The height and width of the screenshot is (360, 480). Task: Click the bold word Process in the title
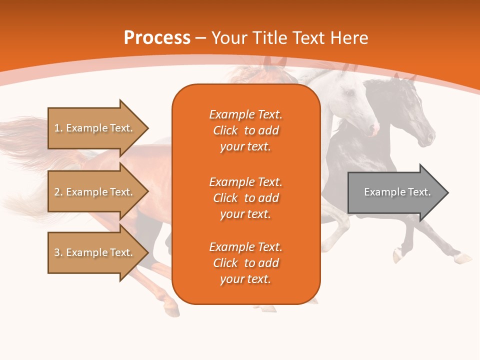[x=157, y=37]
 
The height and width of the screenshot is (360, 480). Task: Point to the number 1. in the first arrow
[x=58, y=128]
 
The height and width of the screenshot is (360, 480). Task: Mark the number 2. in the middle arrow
[x=58, y=192]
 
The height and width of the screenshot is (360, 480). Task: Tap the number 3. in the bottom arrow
[x=58, y=252]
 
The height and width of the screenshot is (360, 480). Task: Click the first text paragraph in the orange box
[x=245, y=130]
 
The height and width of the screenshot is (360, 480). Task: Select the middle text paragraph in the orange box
[x=245, y=198]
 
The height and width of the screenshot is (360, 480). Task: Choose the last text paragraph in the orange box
[x=245, y=263]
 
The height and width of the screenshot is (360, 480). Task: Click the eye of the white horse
[x=350, y=93]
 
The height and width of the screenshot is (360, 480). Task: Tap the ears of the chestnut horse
[x=274, y=62]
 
